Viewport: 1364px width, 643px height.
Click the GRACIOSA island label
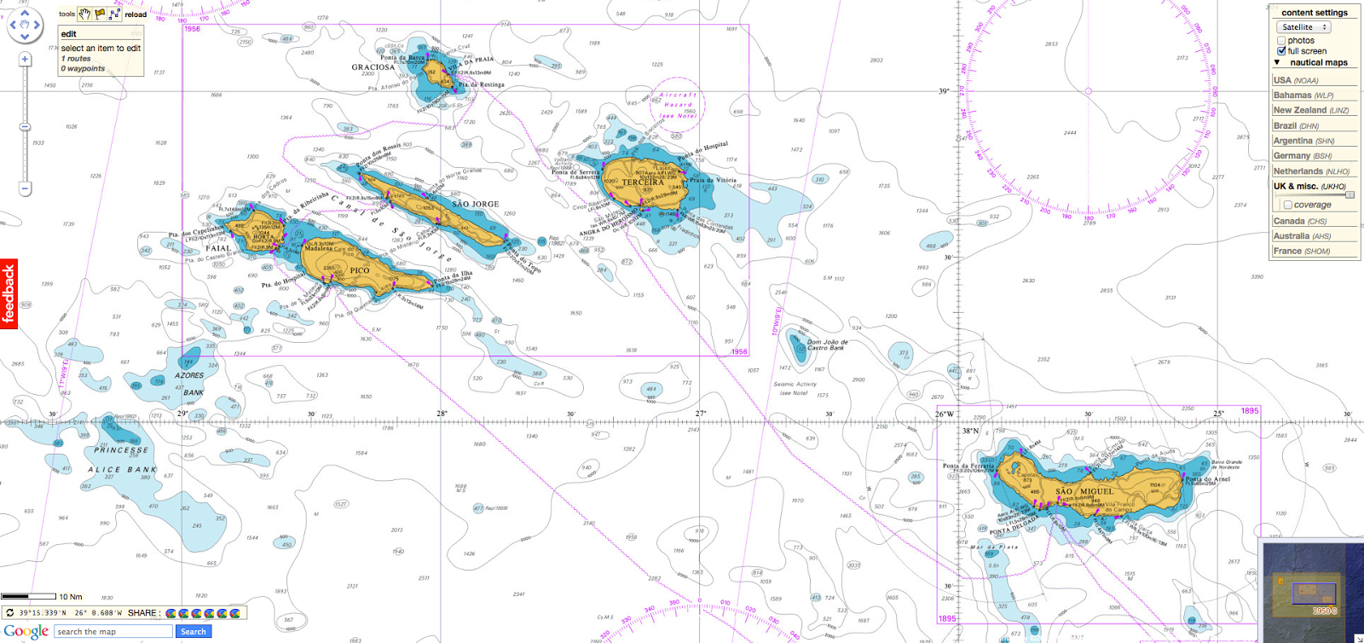373,67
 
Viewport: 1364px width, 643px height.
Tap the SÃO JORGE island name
475,205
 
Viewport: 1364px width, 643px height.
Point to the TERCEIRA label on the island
642,182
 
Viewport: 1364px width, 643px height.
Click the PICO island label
360,270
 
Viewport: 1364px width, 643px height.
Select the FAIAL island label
217,248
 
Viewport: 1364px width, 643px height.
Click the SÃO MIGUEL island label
1084,492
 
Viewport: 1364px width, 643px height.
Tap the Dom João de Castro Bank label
826,345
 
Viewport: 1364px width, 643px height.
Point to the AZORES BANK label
190,384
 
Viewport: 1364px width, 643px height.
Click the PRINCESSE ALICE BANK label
123,460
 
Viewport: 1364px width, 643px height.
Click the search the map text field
113,632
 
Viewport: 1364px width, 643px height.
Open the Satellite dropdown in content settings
1304,27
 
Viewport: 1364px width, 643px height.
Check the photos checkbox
1281,40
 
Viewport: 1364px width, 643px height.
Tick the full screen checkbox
1281,51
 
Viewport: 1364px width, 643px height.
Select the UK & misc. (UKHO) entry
1309,186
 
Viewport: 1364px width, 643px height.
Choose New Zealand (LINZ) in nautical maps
1310,111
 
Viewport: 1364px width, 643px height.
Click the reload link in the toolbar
136,14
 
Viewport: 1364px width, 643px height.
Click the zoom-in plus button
25,60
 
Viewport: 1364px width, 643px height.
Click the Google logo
26,632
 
